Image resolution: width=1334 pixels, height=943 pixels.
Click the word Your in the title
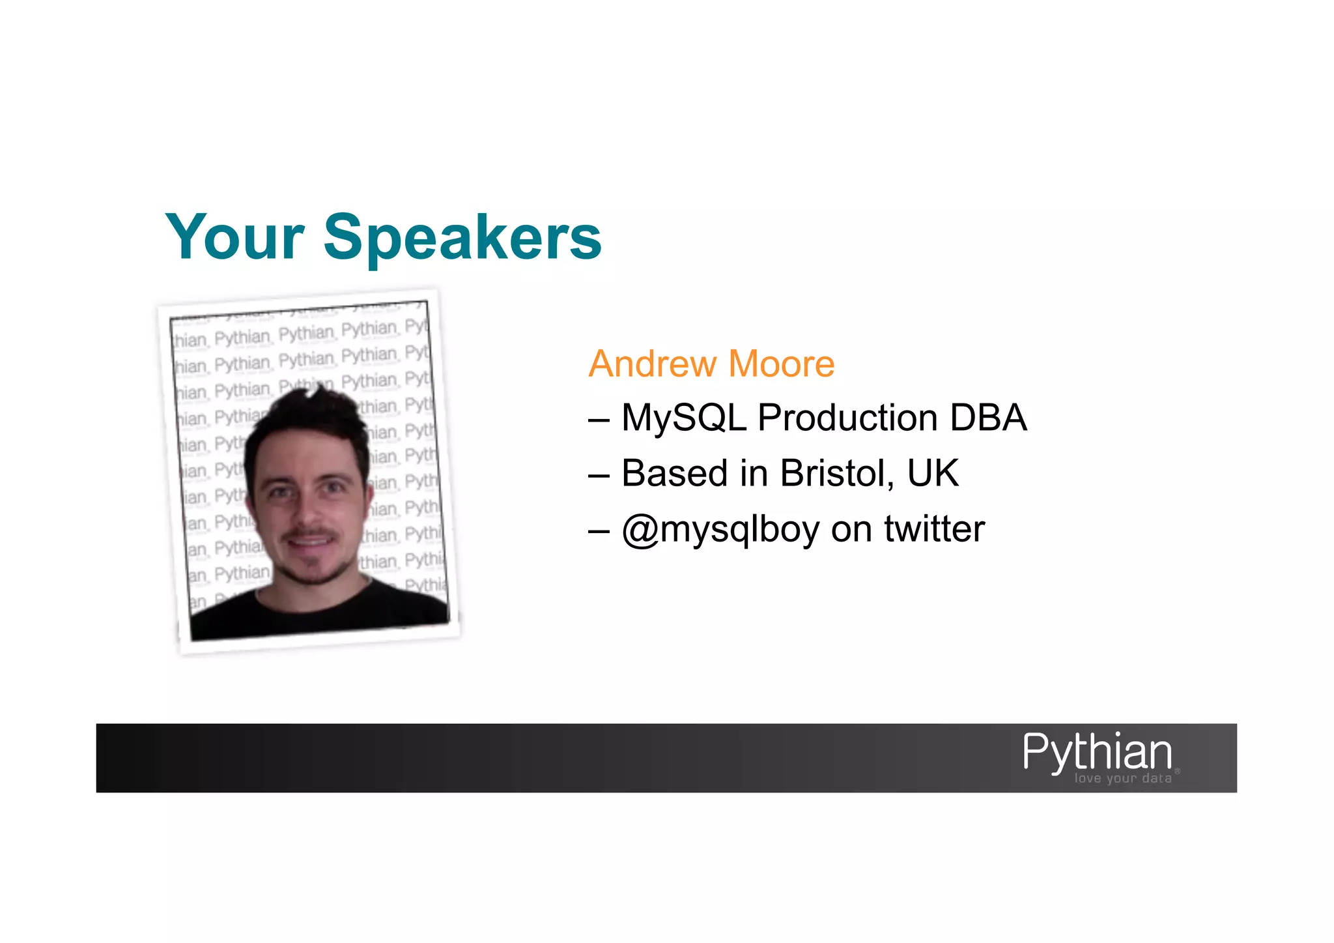point(234,238)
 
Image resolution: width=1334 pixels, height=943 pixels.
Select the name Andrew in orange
point(652,364)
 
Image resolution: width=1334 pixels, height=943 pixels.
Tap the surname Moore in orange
point(781,364)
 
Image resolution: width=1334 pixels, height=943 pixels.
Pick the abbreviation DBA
point(988,418)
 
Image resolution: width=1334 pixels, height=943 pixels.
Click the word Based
point(674,473)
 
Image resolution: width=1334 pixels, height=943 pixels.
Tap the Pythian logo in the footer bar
point(1098,752)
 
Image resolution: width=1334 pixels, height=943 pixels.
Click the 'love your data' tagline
point(1123,779)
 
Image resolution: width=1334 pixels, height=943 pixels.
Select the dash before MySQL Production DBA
point(599,419)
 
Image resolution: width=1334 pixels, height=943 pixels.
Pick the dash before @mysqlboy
point(599,530)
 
